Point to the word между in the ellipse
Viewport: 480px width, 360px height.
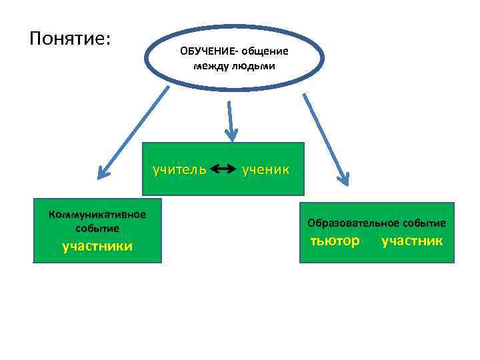pyautogui.click(x=211, y=65)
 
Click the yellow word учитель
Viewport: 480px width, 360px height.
pyautogui.click(x=179, y=169)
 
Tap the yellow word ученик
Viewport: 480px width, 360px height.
pyautogui.click(x=265, y=169)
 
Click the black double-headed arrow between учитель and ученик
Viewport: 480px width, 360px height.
pyautogui.click(x=223, y=169)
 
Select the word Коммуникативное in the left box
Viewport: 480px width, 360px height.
pyautogui.click(x=97, y=214)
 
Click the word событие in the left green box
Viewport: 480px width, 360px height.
pyautogui.click(x=97, y=227)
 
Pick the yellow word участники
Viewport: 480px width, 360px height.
pyautogui.click(x=97, y=247)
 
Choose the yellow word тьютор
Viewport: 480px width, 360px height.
pyautogui.click(x=335, y=240)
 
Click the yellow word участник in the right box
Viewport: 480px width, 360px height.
pyautogui.click(x=411, y=240)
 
